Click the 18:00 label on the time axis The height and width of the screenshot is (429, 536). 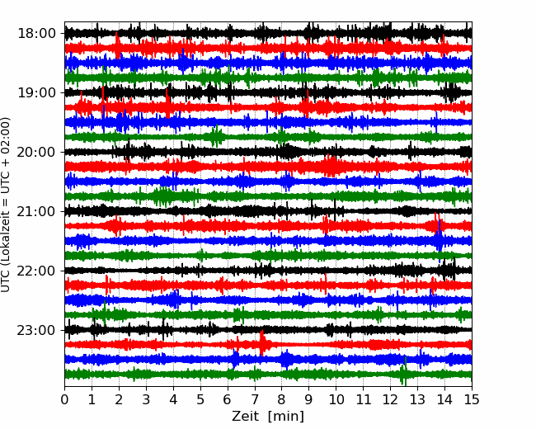click(36, 34)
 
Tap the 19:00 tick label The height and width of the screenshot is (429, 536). click(36, 92)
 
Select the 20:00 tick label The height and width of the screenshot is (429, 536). click(36, 152)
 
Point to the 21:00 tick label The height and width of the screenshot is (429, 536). click(36, 211)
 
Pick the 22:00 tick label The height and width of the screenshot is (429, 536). click(36, 271)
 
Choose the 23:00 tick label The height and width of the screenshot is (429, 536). click(36, 330)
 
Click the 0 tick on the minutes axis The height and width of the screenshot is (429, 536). click(64, 399)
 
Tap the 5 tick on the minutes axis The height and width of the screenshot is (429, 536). click(200, 399)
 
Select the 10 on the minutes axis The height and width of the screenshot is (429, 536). click(336, 399)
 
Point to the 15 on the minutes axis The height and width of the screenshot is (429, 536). click(472, 399)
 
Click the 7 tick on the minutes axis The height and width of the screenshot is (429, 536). click(255, 399)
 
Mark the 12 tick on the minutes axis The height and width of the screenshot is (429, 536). click(390, 399)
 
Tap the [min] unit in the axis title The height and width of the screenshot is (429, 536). click(286, 417)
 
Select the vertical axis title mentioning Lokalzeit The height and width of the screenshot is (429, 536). click(5, 205)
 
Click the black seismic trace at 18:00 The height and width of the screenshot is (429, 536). click(268, 34)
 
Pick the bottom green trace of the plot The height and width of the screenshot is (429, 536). click(268, 374)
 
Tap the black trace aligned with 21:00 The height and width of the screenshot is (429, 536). click(268, 211)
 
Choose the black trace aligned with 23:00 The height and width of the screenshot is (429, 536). click(268, 330)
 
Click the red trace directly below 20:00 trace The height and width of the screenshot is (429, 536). click(268, 167)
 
